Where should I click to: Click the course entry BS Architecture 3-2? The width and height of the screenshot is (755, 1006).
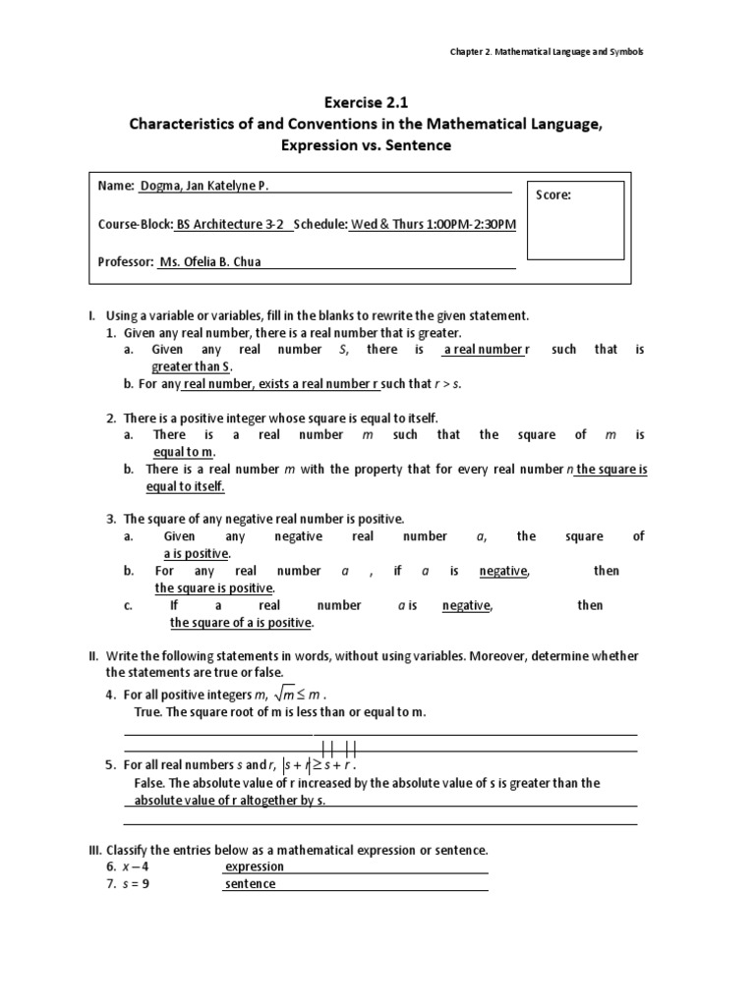233,223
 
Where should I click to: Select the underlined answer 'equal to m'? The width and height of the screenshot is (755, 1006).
183,451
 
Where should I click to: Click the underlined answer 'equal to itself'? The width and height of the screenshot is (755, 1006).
185,486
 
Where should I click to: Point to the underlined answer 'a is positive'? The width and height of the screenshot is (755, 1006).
197,553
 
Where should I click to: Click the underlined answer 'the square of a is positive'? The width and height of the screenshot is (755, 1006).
241,622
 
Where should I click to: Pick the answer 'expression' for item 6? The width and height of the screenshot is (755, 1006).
255,866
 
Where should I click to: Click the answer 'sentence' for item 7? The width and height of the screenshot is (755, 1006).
251,883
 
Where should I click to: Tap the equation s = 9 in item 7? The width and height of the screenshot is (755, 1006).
136,883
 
